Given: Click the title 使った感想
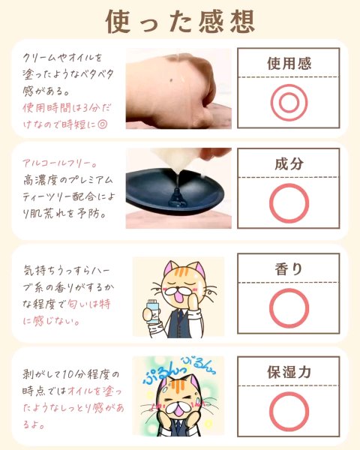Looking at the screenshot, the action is pos(180,22).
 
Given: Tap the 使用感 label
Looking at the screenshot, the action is pos(289,64).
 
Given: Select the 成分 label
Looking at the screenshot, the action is pos(289,163).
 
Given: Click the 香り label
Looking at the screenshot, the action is pos(289,269).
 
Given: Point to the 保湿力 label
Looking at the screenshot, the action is pos(289,372).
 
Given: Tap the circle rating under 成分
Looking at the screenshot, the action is pos(289,184).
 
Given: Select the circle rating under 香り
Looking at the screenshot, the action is pos(289,289).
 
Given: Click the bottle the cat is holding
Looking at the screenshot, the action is pos(151,312).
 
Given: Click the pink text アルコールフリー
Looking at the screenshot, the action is pos(59,164).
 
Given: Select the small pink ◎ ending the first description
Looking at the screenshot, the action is pos(102,124).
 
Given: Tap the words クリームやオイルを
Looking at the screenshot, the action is pos(62,58).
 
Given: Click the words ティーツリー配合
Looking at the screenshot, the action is pos(59,197).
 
